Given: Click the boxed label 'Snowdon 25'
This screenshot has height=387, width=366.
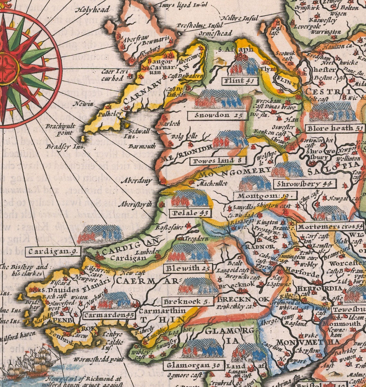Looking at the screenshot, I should click(x=217, y=115).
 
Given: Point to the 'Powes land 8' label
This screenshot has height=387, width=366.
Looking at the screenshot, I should click(x=218, y=161).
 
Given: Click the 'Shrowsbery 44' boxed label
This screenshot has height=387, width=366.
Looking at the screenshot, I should click(x=305, y=184).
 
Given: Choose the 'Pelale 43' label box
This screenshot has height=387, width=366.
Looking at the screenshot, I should click(x=191, y=213).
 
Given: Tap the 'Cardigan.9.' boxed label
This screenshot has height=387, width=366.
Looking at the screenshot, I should click(x=54, y=252).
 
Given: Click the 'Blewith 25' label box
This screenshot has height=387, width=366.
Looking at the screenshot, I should click(x=188, y=268).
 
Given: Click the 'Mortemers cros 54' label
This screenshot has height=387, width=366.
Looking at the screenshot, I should click(x=330, y=226).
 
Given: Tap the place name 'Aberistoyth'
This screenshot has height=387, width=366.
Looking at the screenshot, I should click(x=135, y=204).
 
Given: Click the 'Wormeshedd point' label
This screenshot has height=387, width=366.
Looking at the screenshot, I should click(x=99, y=359).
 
